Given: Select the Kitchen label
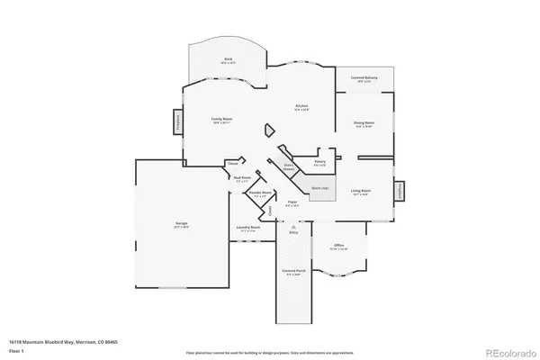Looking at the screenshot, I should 302,107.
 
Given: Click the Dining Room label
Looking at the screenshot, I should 363,124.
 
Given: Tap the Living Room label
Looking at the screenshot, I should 363,192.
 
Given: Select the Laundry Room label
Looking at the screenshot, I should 248,229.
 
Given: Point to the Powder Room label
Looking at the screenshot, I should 260,193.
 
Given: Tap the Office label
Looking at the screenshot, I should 338,246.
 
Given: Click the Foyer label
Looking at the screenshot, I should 292,202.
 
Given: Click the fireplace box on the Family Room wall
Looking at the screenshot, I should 178,122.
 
